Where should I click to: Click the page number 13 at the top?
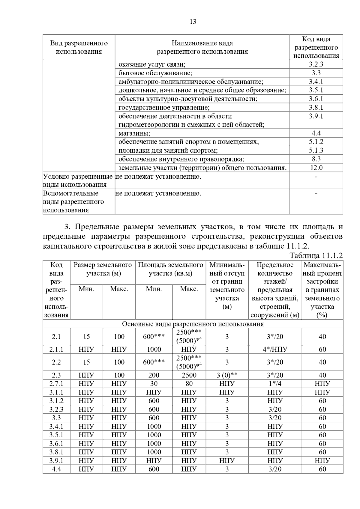[x=193, y=22]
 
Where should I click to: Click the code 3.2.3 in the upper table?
[x=316, y=64]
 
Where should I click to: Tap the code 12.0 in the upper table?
[x=316, y=168]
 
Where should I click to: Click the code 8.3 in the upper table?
[x=316, y=159]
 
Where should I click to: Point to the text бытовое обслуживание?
[x=155, y=73]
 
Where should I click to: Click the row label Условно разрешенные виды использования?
[x=78, y=180]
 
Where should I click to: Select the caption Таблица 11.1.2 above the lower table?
[x=316, y=255]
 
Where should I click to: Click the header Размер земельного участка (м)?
[x=103, y=269]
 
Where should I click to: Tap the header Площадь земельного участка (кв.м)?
[x=170, y=269]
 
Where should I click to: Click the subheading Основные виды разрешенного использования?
[x=193, y=324]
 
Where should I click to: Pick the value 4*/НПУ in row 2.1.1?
[x=275, y=350]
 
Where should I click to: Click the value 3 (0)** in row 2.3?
[x=227, y=375]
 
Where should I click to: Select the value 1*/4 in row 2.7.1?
[x=275, y=384]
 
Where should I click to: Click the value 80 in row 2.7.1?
[x=189, y=384]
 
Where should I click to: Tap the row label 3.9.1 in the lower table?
[x=56, y=461]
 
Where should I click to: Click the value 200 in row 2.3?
[x=154, y=375]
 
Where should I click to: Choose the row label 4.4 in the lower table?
[x=56, y=469]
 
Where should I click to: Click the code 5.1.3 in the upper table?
[x=316, y=150]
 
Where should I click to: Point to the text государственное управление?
[x=164, y=108]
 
